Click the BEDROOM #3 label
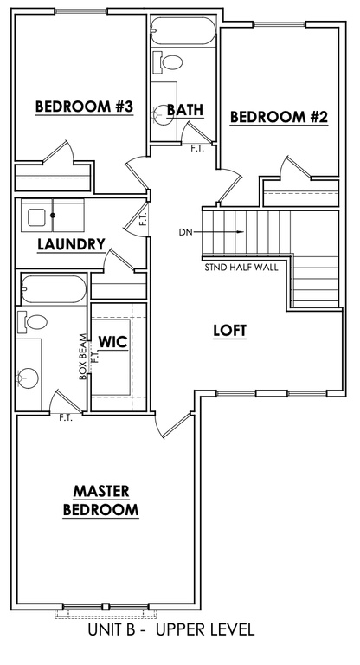pos(84,107)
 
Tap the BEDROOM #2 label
pos(279,117)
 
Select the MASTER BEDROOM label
pos(101,500)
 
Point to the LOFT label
pos(230,331)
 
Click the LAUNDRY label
pos(71,244)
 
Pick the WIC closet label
pos(112,342)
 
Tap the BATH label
pos(185,110)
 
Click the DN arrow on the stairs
pos(222,231)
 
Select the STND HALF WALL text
pos(241,268)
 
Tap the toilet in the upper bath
pos(168,61)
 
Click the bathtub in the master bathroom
pos(54,289)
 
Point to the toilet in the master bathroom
pos(32,322)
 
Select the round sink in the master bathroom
pos(28,377)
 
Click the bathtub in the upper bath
pos(183,30)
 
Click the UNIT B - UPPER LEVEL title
pos(171,629)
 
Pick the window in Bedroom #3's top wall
pos(81,11)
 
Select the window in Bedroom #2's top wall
pos(280,24)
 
